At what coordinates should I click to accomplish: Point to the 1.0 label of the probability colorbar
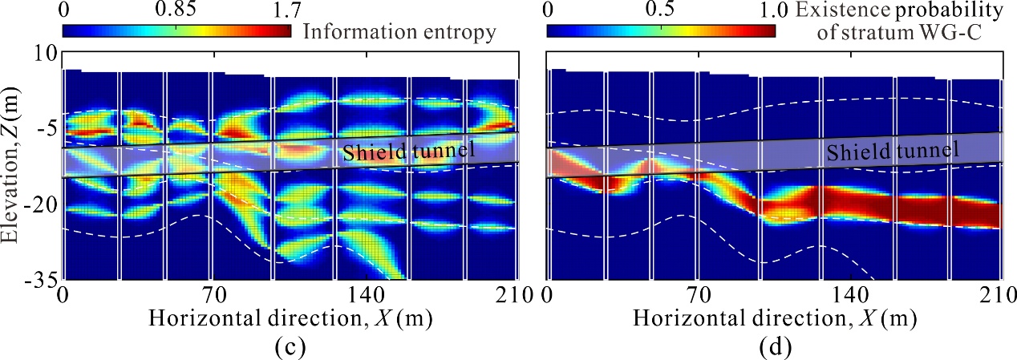coord(772,11)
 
